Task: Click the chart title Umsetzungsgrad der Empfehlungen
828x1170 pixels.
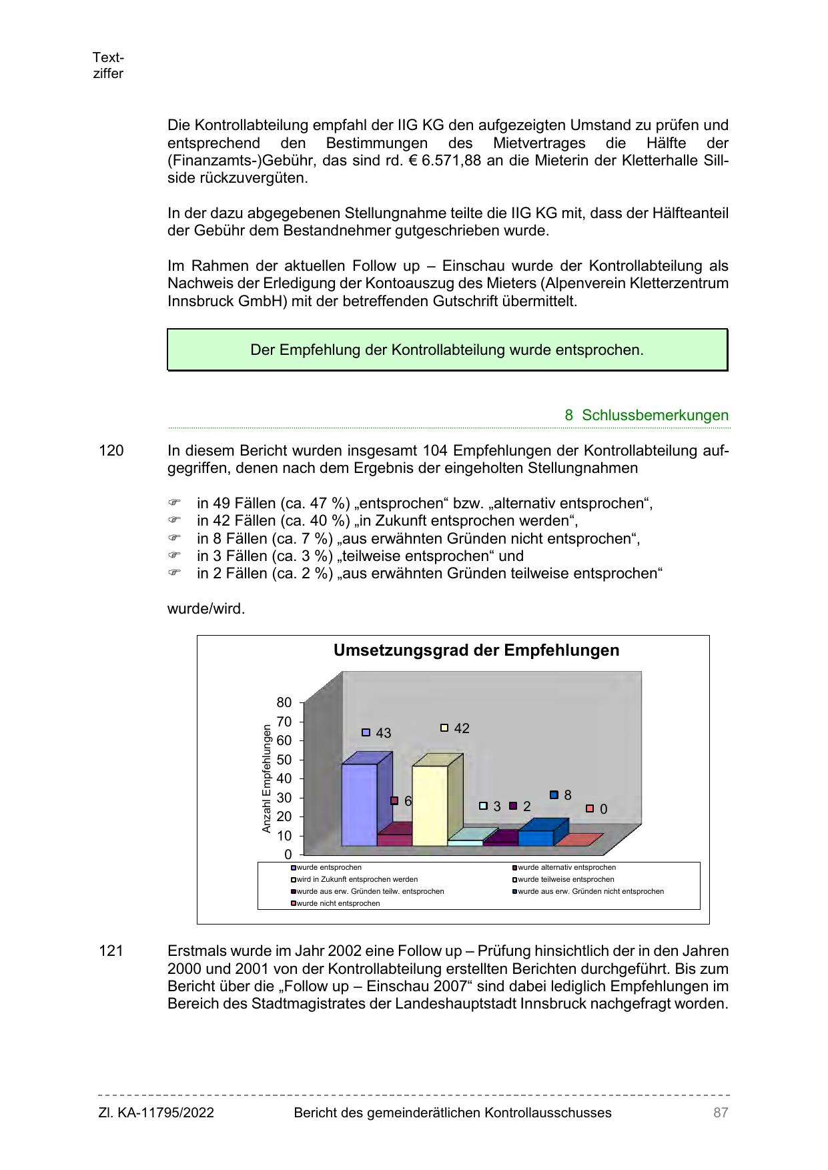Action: coord(476,650)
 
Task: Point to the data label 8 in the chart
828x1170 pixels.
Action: coord(567,795)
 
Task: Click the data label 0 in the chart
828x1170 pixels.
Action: coord(603,809)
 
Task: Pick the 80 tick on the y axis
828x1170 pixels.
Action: coord(284,702)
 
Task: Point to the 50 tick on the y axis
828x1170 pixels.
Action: coord(284,760)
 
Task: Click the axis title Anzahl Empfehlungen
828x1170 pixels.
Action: coord(267,778)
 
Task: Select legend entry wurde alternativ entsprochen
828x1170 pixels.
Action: coord(566,868)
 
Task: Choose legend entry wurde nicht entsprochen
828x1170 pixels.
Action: coord(338,904)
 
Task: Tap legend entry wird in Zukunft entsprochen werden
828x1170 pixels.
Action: coord(357,880)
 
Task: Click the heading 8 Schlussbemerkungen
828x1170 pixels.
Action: coord(647,415)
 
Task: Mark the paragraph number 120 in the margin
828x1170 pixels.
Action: coord(111,451)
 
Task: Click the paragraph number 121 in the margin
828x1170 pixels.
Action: coord(111,951)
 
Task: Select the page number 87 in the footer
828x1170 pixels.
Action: coord(721,1113)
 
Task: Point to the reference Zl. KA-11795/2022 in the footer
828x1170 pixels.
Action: coord(156,1113)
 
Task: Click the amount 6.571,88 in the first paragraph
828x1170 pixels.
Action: coord(451,161)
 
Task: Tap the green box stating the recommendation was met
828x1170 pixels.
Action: coord(447,350)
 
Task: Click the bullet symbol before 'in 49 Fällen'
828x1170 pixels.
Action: coord(174,503)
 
